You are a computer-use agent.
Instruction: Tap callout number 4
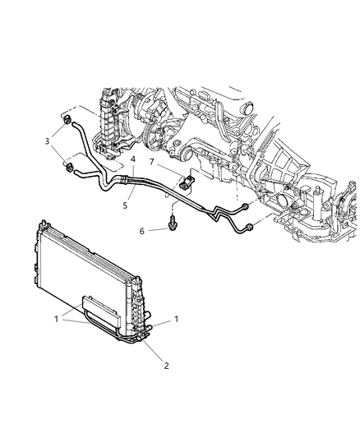pyautogui.click(x=132, y=159)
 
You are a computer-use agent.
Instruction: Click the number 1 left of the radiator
pyautogui.click(x=57, y=316)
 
